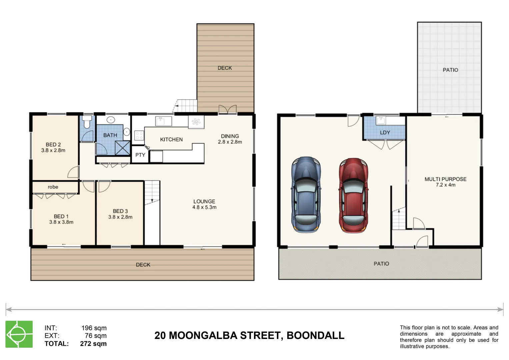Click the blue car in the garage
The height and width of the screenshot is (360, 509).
(306, 195)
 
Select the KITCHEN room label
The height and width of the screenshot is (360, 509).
(171, 140)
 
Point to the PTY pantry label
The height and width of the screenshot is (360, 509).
(140, 155)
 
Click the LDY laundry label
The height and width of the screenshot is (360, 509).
(385, 133)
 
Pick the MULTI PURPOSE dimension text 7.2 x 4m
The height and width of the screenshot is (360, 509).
(445, 185)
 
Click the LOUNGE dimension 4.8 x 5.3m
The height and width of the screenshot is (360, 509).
(204, 207)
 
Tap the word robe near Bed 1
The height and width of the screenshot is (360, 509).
(53, 187)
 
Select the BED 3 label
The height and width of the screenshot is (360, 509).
(120, 211)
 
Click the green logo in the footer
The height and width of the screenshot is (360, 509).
(19, 334)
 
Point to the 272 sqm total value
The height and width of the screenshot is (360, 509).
(93, 344)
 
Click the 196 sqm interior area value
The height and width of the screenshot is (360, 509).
(94, 328)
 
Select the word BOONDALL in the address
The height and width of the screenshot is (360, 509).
(315, 335)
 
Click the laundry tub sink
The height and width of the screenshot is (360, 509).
(381, 120)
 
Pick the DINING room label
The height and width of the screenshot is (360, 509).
(230, 136)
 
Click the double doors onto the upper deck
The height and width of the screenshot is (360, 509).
(227, 109)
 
